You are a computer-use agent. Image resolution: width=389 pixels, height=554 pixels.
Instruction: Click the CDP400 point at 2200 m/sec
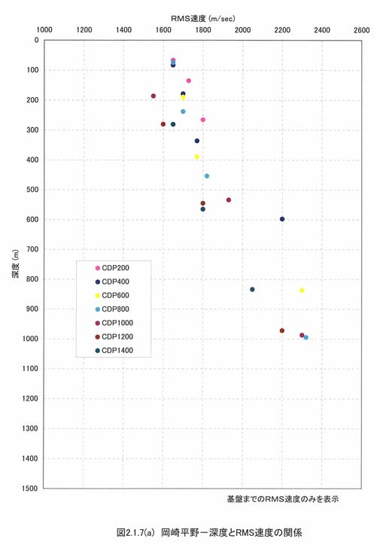click(x=282, y=219)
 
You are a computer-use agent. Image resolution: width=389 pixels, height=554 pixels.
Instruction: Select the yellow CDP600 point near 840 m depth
click(x=302, y=291)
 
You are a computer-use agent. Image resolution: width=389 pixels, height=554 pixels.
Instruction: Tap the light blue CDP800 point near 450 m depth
click(x=207, y=176)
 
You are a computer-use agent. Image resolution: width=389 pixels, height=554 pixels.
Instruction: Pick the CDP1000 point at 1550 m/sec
click(x=153, y=96)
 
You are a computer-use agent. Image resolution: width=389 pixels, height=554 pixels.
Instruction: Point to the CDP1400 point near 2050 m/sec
click(x=252, y=289)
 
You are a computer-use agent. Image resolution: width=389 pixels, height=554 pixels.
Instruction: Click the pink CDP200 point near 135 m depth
click(x=189, y=81)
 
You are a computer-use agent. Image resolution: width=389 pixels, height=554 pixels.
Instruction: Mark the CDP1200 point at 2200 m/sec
click(x=282, y=330)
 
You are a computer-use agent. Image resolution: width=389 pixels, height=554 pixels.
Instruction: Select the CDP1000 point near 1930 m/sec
click(x=229, y=200)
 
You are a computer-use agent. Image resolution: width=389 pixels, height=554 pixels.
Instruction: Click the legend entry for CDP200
click(x=112, y=268)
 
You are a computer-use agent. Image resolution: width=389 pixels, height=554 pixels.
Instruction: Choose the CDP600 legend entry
click(x=112, y=295)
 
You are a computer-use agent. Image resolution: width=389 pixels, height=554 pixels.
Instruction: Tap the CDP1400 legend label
click(x=117, y=351)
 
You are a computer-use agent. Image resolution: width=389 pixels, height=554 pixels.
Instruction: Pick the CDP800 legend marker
click(x=98, y=309)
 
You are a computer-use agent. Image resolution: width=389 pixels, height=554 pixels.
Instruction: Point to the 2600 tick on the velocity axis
click(x=361, y=30)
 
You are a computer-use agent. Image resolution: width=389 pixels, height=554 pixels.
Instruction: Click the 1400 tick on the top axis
click(x=123, y=30)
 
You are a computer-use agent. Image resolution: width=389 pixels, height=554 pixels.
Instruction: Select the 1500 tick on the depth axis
click(x=31, y=489)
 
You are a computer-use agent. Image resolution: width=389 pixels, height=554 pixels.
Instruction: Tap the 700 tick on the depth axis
click(x=33, y=249)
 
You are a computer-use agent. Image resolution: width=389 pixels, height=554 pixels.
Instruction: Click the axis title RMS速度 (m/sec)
click(x=203, y=18)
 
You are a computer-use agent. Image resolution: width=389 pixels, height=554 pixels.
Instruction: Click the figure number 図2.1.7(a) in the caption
click(x=135, y=532)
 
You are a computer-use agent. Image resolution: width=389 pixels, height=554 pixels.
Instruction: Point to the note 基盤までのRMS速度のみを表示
click(x=283, y=499)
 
